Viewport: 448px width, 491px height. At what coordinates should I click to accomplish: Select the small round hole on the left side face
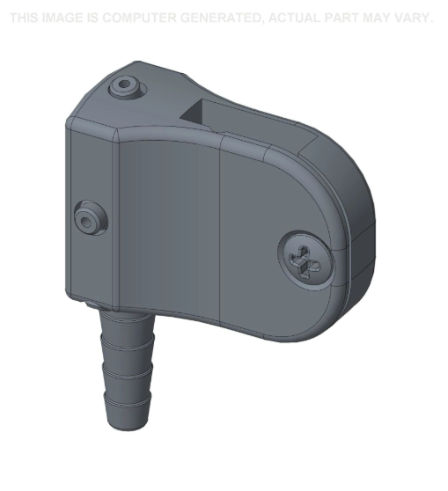tap(88, 216)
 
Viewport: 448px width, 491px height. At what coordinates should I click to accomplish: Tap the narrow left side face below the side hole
tap(88, 264)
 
